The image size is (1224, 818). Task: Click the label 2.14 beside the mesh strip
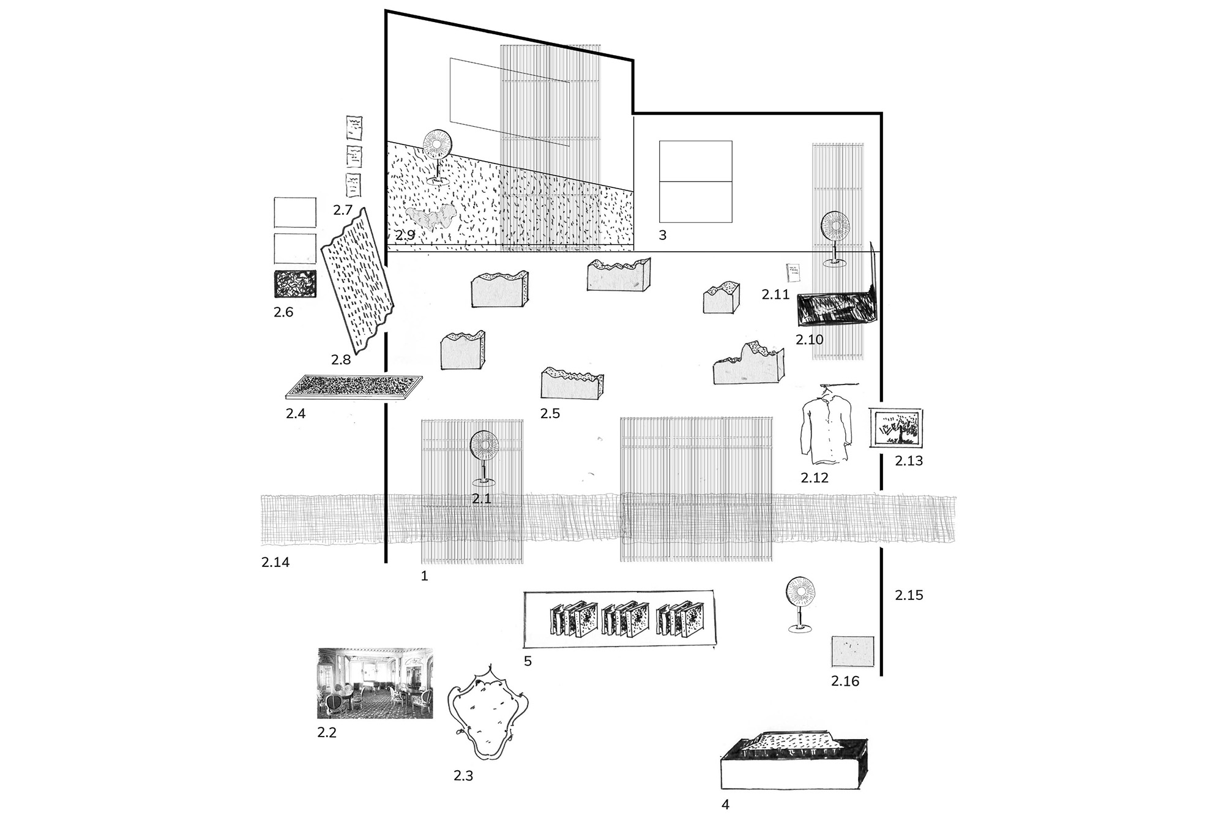[275, 562]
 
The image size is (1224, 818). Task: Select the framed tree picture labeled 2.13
[897, 428]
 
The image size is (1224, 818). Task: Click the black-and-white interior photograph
[375, 683]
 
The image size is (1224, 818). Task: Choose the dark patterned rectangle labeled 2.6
[295, 284]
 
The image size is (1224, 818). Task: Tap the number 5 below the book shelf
[528, 661]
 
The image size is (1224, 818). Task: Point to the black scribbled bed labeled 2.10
[836, 309]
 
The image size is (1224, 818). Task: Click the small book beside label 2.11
[793, 273]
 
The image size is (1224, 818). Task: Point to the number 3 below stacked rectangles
[662, 235]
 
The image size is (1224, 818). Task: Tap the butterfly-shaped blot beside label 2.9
[431, 220]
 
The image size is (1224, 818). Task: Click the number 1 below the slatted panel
[425, 576]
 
